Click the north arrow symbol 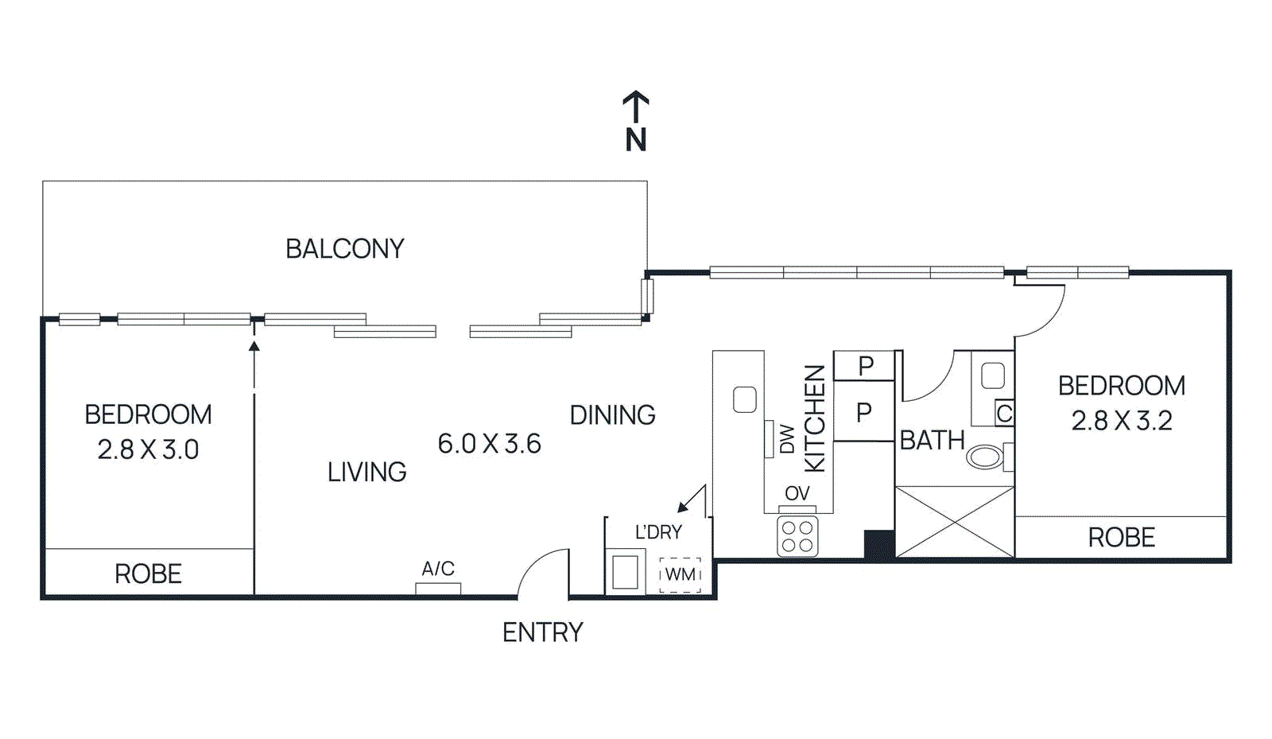(635, 119)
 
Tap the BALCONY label (344, 249)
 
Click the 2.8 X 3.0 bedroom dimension (148, 449)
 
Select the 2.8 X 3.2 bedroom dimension (1121, 420)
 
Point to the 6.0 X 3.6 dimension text (489, 443)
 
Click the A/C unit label (437, 569)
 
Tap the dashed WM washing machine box (680, 574)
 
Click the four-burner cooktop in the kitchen (797, 536)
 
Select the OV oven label (797, 493)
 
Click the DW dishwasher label (787, 438)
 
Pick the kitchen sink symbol (744, 399)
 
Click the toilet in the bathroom (987, 457)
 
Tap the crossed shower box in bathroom (954, 522)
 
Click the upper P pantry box (865, 366)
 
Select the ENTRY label (542, 632)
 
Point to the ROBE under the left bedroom (148, 574)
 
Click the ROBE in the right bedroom (1121, 538)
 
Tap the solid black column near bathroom (879, 545)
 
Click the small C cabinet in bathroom (1004, 413)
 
